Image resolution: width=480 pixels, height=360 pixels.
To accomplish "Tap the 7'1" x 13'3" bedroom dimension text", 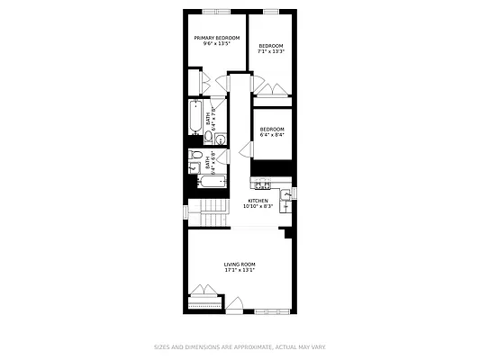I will [x=271, y=51].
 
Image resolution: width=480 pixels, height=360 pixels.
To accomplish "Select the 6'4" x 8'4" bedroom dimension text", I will [x=272, y=135].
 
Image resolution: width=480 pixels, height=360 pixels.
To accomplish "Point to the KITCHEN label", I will [x=258, y=201].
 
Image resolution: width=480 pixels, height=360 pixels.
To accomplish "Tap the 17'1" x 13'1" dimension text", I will [x=240, y=270].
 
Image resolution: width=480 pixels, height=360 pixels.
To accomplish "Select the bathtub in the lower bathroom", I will [x=212, y=183].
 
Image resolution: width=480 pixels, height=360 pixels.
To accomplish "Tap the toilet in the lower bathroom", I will [x=195, y=157].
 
